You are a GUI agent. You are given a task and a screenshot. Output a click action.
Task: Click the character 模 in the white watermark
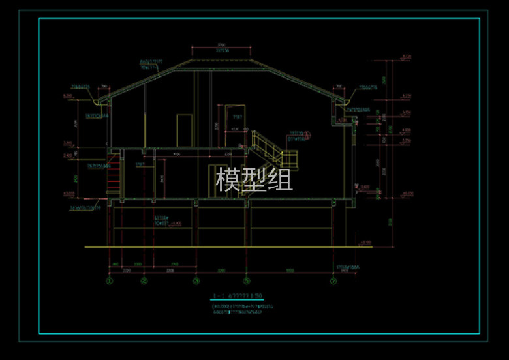click(x=228, y=179)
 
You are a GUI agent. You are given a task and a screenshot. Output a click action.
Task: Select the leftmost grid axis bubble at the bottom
click(x=110, y=282)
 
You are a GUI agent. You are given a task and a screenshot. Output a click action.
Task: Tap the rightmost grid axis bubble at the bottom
click(x=333, y=282)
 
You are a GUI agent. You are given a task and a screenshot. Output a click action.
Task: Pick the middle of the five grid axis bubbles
click(x=195, y=282)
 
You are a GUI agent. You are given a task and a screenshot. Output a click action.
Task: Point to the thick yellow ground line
click(x=222, y=247)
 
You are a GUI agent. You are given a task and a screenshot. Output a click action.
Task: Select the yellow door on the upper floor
click(x=185, y=130)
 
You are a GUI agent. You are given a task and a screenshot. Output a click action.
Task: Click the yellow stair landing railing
click(x=288, y=158)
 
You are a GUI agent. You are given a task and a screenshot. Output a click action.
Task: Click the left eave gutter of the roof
click(x=102, y=101)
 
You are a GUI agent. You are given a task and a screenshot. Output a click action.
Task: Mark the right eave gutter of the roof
click(x=342, y=101)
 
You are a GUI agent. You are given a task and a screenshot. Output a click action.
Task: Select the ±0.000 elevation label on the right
click(x=408, y=193)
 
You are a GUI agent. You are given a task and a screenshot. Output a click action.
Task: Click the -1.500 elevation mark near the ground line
click(x=365, y=243)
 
